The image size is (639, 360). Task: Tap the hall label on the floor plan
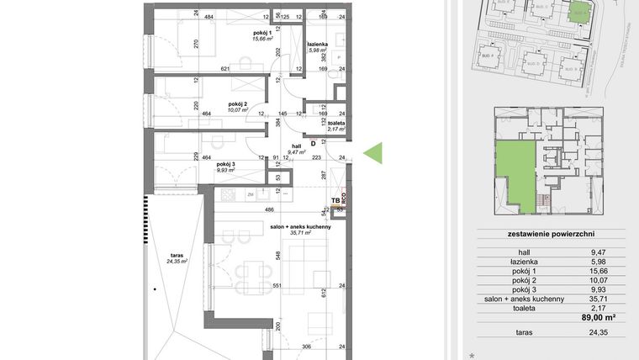coord(296,146)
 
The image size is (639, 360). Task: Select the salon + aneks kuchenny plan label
coord(300,227)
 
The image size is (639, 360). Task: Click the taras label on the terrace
coord(177,256)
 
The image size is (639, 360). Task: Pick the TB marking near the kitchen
coord(335,201)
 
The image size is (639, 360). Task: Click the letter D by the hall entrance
coord(312,144)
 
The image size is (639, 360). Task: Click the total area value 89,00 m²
coord(598,317)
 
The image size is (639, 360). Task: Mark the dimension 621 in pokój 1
coord(226,68)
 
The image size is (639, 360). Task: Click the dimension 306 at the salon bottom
coord(308,347)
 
